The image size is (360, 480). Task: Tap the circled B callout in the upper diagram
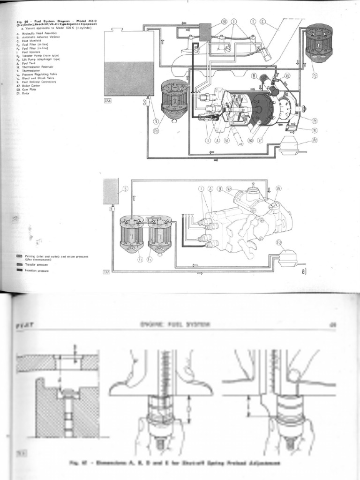point(254,75)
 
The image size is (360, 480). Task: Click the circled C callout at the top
point(262,21)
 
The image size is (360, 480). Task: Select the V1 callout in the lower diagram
point(279,188)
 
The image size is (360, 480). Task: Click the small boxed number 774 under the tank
point(108,100)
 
